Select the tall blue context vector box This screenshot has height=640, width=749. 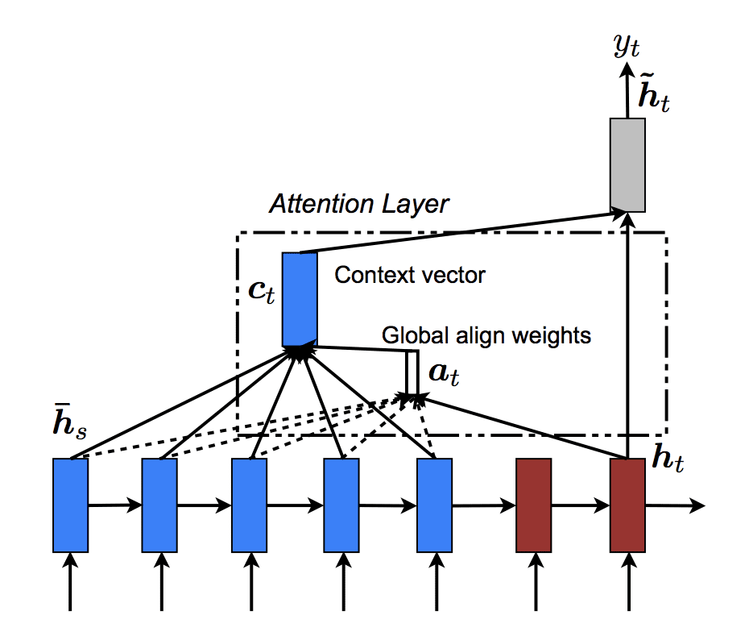tap(300, 299)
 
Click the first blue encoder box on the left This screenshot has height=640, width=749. tap(70, 505)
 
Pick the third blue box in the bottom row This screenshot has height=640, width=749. tap(249, 505)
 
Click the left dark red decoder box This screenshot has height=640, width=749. tap(533, 505)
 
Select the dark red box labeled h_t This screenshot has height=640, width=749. tap(627, 505)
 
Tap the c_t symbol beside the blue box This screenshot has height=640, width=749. tap(262, 291)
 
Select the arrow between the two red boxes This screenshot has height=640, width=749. tap(580, 506)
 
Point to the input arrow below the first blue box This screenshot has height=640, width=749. tap(70, 580)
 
